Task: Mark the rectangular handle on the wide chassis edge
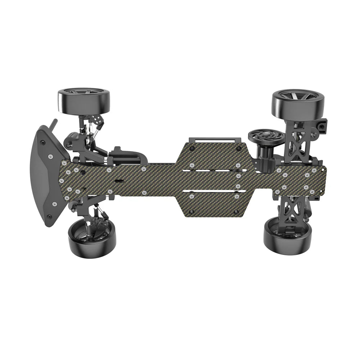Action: tap(214, 139)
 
